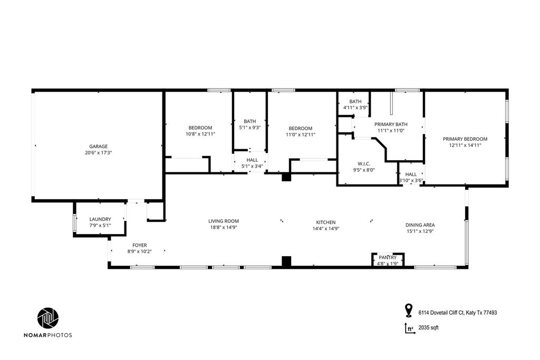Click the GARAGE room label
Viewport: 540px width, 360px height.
pos(99,147)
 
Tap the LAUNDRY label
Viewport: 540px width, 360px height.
pos(100,219)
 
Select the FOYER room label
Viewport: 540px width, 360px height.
pos(139,246)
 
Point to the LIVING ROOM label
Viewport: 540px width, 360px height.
pos(224,221)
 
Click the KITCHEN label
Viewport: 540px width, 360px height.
pos(326,222)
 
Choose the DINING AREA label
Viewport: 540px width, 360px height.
pos(420,225)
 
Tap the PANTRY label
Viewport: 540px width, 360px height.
pos(388,257)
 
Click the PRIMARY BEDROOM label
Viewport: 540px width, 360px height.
pos(465,139)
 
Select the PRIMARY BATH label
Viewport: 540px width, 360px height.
pos(391,124)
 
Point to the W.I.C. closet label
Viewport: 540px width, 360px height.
pos(364,164)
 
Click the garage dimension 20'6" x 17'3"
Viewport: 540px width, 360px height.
pos(99,152)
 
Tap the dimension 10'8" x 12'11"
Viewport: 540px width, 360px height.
pos(200,134)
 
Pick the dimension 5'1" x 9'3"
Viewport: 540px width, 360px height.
pos(249,128)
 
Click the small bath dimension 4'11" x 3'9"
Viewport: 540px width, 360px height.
pos(355,108)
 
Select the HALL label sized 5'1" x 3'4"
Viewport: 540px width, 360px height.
pos(252,160)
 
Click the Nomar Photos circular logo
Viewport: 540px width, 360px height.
pos(48,318)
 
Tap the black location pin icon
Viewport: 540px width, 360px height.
pos(409,310)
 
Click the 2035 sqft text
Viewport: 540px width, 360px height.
pos(428,328)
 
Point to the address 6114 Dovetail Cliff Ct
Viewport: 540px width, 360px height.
pos(441,313)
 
